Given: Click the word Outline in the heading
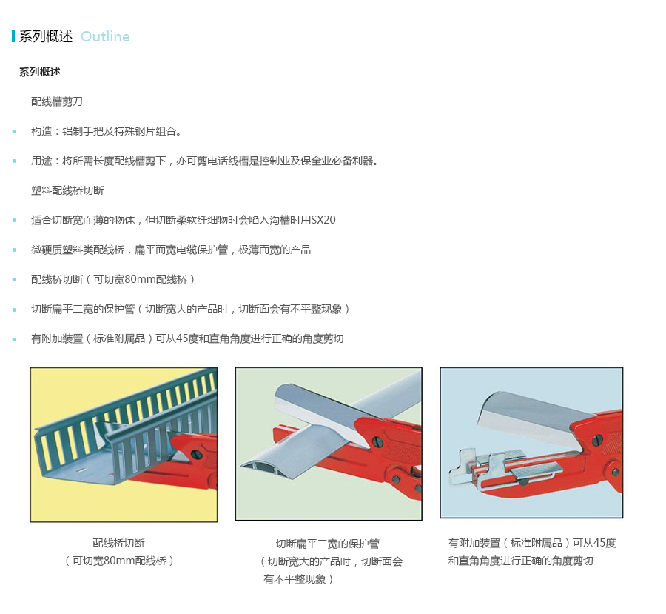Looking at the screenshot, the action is [x=105, y=36].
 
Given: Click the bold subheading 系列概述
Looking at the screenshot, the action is [x=40, y=72].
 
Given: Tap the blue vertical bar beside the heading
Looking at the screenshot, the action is [x=13, y=36].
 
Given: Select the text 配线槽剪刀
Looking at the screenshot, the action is [x=57, y=101].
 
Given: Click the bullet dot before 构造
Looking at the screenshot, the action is [x=15, y=131].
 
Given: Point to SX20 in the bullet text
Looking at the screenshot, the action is [x=323, y=220].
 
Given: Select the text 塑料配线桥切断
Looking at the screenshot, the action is [x=67, y=190].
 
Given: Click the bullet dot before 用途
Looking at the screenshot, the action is [x=15, y=161].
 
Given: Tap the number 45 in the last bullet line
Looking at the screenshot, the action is [x=182, y=338].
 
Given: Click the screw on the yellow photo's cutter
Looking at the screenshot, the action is [x=196, y=454].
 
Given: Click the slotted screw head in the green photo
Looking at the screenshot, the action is [x=377, y=442].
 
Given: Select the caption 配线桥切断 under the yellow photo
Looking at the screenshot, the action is [x=119, y=543].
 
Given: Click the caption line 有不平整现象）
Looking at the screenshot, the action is [x=298, y=579].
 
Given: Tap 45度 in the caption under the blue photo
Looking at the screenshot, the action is [x=605, y=543].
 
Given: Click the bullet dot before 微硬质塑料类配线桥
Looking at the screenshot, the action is [x=15, y=250].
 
